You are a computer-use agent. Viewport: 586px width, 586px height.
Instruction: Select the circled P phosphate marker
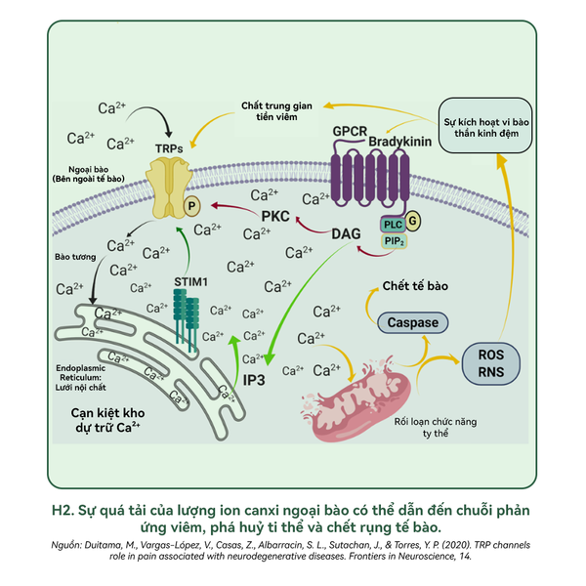click(x=192, y=206)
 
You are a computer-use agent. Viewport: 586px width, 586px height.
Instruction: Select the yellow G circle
click(x=413, y=222)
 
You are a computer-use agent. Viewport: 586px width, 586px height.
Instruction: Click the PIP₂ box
click(x=394, y=240)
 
